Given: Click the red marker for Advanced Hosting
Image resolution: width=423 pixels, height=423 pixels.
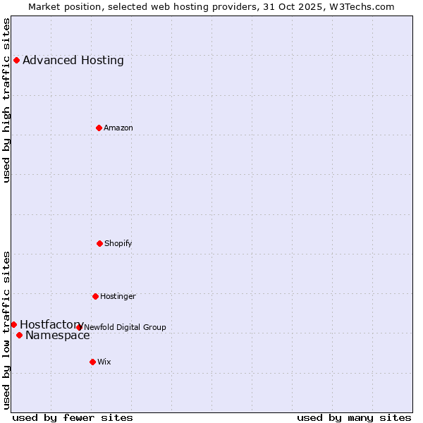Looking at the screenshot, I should [x=16, y=60].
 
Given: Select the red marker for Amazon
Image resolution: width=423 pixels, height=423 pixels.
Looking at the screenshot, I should [x=99, y=128].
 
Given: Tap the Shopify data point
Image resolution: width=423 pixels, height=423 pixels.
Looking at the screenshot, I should [x=99, y=243].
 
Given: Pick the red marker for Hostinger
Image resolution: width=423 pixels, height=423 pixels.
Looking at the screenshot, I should [x=95, y=296].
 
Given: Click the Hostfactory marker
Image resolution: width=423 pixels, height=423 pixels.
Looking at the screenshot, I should [x=13, y=324].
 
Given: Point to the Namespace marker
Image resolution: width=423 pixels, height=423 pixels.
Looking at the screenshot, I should [x=19, y=335].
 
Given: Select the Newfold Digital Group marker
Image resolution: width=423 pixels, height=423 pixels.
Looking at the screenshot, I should [x=79, y=327].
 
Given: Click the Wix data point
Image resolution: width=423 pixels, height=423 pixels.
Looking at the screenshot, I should [x=92, y=362].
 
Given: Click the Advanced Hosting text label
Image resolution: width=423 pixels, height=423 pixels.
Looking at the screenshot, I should [x=73, y=60].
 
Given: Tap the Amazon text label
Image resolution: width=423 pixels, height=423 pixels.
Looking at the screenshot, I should [x=118, y=128].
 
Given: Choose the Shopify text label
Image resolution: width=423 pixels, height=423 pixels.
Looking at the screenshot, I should [x=118, y=243].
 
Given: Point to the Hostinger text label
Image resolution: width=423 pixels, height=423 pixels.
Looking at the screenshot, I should [x=118, y=296].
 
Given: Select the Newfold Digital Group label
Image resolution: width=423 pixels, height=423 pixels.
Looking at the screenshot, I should [x=125, y=327].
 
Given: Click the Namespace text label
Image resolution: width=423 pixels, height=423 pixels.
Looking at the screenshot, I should [x=58, y=335].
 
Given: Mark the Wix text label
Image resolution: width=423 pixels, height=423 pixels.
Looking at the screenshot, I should [x=104, y=362].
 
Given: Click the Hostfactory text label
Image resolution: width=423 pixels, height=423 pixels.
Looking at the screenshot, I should [x=51, y=324].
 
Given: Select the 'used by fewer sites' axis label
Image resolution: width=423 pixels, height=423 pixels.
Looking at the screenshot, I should [x=73, y=417].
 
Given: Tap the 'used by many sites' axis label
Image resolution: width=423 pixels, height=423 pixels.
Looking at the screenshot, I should [x=354, y=417].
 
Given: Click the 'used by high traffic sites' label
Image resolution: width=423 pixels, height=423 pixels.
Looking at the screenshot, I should [x=6, y=100].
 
